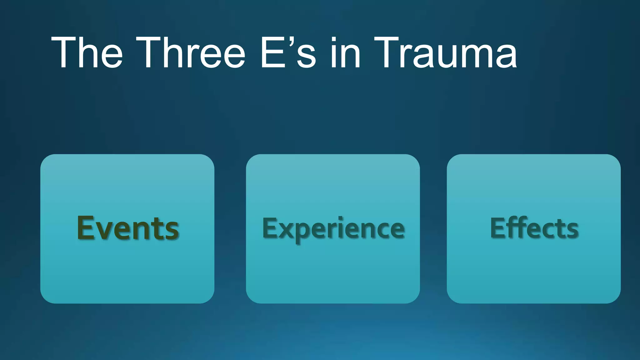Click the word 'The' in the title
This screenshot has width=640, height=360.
[87, 52]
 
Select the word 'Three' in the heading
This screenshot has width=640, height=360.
[190, 52]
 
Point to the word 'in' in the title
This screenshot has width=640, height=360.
[345, 52]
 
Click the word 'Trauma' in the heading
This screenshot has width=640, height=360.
[445, 52]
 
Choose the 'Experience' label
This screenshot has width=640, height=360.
[333, 228]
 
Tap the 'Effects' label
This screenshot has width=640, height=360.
[534, 228]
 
